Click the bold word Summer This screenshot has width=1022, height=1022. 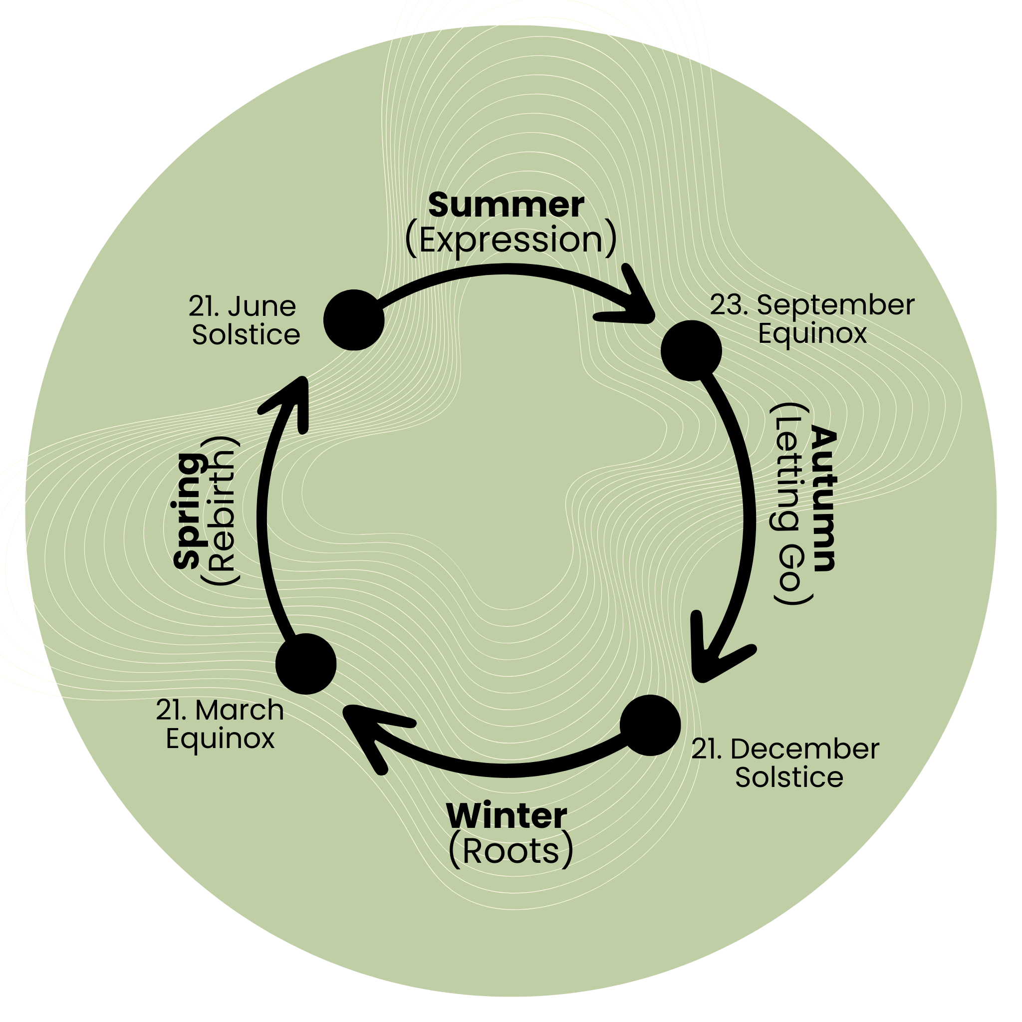[x=506, y=205]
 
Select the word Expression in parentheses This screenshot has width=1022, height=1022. [x=511, y=240]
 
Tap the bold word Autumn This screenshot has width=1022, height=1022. [x=823, y=500]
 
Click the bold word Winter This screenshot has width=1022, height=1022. [x=507, y=816]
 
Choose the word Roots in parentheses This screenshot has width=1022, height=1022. [x=511, y=851]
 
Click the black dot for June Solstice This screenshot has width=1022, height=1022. [x=354, y=320]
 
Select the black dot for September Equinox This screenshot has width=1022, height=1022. [x=691, y=350]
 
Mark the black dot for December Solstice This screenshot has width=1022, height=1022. [x=650, y=725]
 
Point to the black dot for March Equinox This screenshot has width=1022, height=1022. [x=306, y=663]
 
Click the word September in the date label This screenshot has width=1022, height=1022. [x=835, y=305]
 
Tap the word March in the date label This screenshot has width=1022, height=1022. [x=239, y=710]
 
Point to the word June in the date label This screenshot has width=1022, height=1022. [x=262, y=307]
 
